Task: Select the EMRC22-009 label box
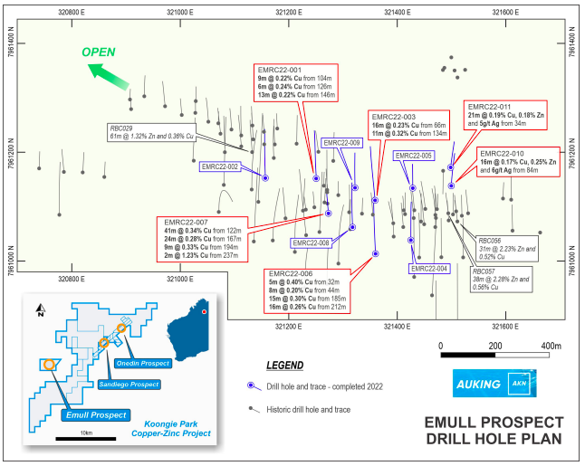coord(341,143)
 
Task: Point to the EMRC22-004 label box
coord(429,269)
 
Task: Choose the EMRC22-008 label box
coord(311,243)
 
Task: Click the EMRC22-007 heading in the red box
coord(187,222)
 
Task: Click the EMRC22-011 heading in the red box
coord(494,106)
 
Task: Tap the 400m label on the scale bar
coord(551,346)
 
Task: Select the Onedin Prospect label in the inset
coord(144,362)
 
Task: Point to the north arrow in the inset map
coord(41,313)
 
